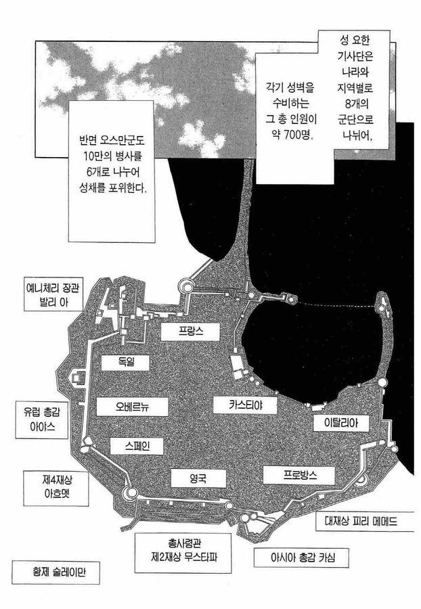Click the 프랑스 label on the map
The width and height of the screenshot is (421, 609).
click(190, 332)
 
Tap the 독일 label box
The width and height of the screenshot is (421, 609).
click(125, 363)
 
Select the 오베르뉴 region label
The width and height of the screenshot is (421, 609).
click(132, 407)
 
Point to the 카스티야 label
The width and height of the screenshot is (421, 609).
click(245, 405)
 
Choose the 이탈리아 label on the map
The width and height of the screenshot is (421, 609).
click(341, 422)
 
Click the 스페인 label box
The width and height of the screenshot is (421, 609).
click(136, 446)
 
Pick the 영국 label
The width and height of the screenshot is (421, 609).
click(198, 478)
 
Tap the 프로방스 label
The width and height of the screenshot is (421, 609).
click(298, 475)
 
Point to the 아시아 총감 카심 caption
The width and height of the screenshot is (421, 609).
click(301, 558)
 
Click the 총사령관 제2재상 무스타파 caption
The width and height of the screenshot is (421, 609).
click(183, 553)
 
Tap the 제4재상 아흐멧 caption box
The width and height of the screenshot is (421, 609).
click(56, 489)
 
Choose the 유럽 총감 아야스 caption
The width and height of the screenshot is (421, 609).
click(42, 420)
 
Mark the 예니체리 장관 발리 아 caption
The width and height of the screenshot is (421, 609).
click(53, 294)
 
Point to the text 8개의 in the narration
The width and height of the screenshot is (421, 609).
click(356, 104)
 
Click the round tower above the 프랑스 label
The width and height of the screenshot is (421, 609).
click(185, 287)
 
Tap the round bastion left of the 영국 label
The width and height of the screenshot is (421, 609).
click(130, 493)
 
